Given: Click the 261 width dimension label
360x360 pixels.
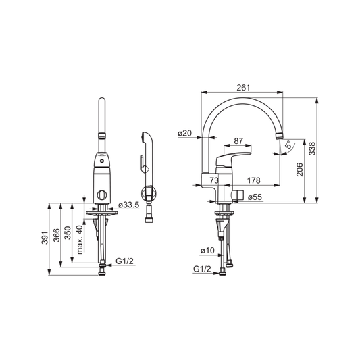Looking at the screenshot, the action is tap(243, 88).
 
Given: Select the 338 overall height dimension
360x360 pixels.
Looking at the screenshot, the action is tap(312, 149).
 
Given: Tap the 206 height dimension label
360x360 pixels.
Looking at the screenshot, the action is tap(300, 170).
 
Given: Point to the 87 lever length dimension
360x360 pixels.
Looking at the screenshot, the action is tap(238, 140).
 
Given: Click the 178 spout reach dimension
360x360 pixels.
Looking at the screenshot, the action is tap(254, 180).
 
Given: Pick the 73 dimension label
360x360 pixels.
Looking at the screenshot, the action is tap(214, 180).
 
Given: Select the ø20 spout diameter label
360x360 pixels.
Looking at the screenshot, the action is tap(184, 133).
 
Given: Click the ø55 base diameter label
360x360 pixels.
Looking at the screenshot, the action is tap(255, 197).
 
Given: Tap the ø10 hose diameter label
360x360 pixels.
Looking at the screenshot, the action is tap(207, 251).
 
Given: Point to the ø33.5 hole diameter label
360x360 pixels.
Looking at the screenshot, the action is tap(129, 205).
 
